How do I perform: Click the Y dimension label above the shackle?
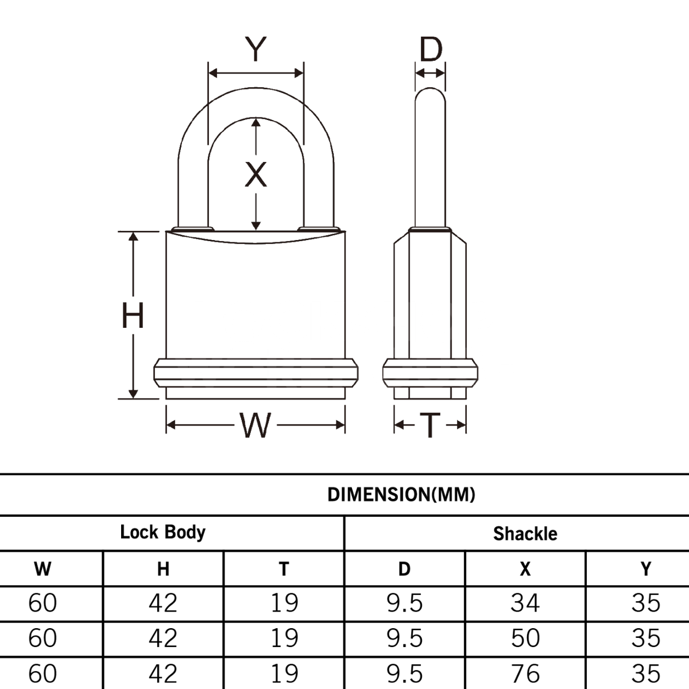pyautogui.click(x=256, y=49)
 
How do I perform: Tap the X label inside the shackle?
pyautogui.click(x=256, y=175)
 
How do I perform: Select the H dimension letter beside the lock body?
pyautogui.click(x=133, y=316)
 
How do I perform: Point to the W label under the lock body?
pyautogui.click(x=255, y=425)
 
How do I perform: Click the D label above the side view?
pyautogui.click(x=430, y=50)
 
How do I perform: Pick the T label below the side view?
pyautogui.click(x=429, y=425)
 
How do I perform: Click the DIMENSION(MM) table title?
pyautogui.click(x=401, y=494)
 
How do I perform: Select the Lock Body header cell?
pyautogui.click(x=162, y=532)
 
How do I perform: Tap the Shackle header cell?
pyautogui.click(x=525, y=533)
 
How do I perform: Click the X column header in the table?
pyautogui.click(x=525, y=568)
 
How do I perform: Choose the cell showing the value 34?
pyautogui.click(x=525, y=603)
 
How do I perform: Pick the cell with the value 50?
pyautogui.click(x=525, y=638)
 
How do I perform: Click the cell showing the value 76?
pyautogui.click(x=525, y=673)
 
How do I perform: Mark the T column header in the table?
pyautogui.click(x=284, y=568)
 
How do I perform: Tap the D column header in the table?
pyautogui.click(x=404, y=568)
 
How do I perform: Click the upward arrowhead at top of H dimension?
pyautogui.click(x=133, y=237)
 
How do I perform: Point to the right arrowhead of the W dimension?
pyautogui.click(x=340, y=425)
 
